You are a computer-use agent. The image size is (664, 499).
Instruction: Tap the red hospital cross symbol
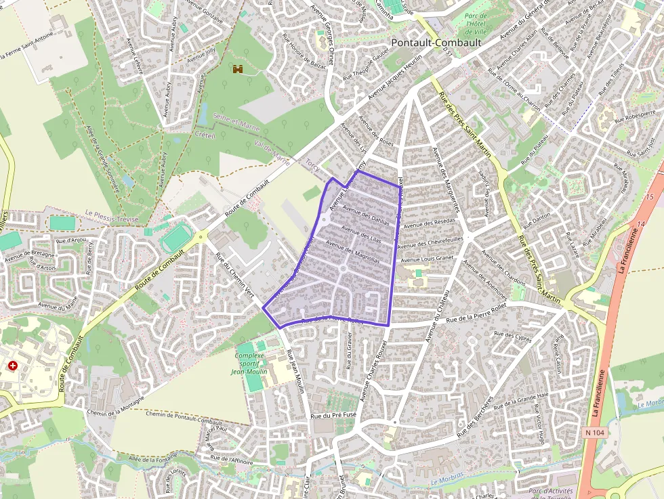tap(13, 366)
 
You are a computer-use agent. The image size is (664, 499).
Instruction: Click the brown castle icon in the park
tap(238, 69)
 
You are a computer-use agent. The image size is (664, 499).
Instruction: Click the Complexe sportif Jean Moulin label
tap(250, 363)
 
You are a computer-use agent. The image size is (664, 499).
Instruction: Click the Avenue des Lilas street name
tap(362, 233)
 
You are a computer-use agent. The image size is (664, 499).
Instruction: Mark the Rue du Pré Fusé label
tap(333, 415)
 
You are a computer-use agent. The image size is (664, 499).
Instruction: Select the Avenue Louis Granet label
tap(428, 259)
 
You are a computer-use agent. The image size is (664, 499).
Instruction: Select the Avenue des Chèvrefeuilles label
tap(430, 239)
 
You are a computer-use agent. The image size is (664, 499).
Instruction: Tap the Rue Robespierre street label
tap(635, 117)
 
